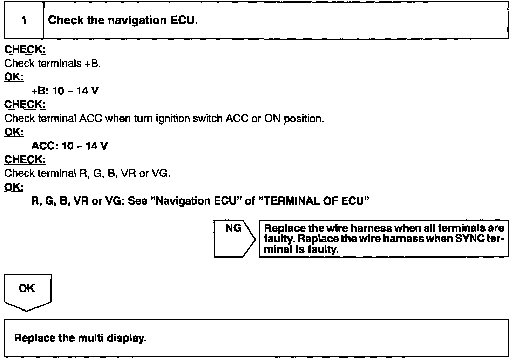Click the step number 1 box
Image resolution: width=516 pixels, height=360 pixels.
click(x=24, y=20)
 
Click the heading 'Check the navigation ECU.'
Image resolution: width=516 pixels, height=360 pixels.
click(x=123, y=20)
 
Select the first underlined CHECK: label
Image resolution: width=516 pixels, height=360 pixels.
click(x=25, y=50)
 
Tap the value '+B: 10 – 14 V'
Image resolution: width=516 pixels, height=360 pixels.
click(x=65, y=91)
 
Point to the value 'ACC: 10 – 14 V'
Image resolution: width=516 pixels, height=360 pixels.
click(x=69, y=146)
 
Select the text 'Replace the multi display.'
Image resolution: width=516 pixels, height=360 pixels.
click(x=80, y=338)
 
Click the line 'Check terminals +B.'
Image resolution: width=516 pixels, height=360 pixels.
click(x=53, y=64)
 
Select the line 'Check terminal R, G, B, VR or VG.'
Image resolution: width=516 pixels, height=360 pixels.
click(x=87, y=173)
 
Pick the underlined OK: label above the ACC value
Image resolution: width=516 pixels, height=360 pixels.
click(x=14, y=132)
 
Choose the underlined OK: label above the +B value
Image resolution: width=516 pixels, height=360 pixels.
click(x=14, y=77)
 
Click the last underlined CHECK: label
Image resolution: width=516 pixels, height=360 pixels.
click(x=25, y=160)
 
